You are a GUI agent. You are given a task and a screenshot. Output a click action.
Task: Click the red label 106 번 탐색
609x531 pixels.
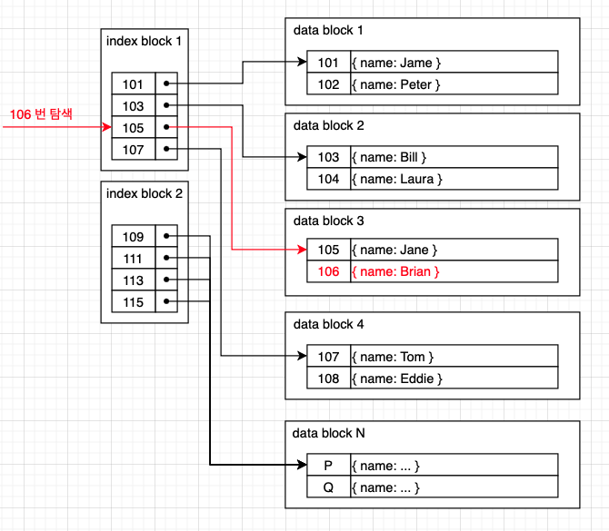(x=41, y=114)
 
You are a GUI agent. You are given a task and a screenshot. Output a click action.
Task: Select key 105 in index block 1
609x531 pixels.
(x=134, y=128)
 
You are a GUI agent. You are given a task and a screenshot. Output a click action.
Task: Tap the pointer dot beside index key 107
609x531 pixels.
(x=166, y=149)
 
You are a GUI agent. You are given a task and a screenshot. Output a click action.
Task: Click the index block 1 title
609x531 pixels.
(x=144, y=41)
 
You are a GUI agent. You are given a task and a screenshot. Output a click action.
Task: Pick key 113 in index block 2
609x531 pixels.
(x=134, y=280)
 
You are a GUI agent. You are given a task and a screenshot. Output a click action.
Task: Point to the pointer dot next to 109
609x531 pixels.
(x=166, y=236)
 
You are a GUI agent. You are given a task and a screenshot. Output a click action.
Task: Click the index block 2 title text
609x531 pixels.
(x=145, y=193)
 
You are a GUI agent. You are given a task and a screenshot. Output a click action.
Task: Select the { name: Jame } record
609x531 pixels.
(x=396, y=63)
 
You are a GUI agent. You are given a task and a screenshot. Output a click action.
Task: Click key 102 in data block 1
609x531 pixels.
(x=328, y=84)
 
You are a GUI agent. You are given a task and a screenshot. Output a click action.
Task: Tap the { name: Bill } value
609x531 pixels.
(x=389, y=157)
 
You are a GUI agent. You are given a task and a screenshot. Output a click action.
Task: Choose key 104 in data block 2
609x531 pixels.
(x=328, y=179)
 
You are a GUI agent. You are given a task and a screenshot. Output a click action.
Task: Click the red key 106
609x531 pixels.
(x=328, y=271)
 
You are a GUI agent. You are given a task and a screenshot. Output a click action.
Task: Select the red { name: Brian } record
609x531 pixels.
(x=395, y=271)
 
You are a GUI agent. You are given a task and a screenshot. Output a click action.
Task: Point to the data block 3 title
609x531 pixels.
(x=328, y=221)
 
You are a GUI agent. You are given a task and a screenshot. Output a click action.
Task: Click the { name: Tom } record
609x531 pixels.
(x=393, y=357)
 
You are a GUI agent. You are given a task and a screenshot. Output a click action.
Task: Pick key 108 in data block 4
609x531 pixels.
(x=328, y=379)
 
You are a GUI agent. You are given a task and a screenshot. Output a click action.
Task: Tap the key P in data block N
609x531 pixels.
(x=328, y=466)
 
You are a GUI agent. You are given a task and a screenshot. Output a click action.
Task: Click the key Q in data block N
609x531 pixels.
(x=328, y=487)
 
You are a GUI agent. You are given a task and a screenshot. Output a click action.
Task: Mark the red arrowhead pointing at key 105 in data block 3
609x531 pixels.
(x=302, y=250)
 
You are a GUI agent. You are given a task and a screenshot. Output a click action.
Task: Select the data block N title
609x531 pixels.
(x=328, y=433)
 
